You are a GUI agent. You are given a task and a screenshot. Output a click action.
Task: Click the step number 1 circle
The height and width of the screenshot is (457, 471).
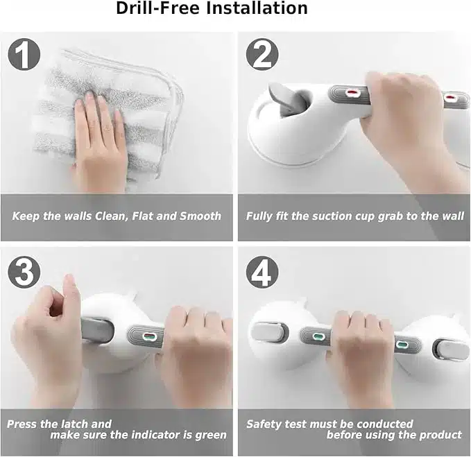tap(24, 54)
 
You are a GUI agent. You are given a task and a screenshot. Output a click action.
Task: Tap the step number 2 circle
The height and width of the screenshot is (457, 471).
tap(262, 54)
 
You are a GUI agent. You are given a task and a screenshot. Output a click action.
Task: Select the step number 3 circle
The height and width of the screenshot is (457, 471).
tap(24, 272)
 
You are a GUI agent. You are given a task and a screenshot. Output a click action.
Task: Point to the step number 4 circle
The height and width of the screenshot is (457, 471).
tap(262, 272)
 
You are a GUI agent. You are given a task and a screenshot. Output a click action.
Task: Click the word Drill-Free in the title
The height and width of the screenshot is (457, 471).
tap(157, 8)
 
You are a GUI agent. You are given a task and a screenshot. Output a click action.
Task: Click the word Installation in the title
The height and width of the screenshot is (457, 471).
tap(257, 8)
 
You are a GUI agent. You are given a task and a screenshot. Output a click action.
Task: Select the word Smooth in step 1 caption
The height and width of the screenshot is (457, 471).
tap(200, 216)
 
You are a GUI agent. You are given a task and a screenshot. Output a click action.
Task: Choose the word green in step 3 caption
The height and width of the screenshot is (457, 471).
tap(211, 436)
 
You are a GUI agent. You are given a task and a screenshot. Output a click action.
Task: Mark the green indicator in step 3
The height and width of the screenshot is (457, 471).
tap(148, 336)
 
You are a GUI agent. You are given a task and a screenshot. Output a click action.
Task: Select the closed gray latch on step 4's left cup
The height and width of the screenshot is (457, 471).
tap(269, 331)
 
